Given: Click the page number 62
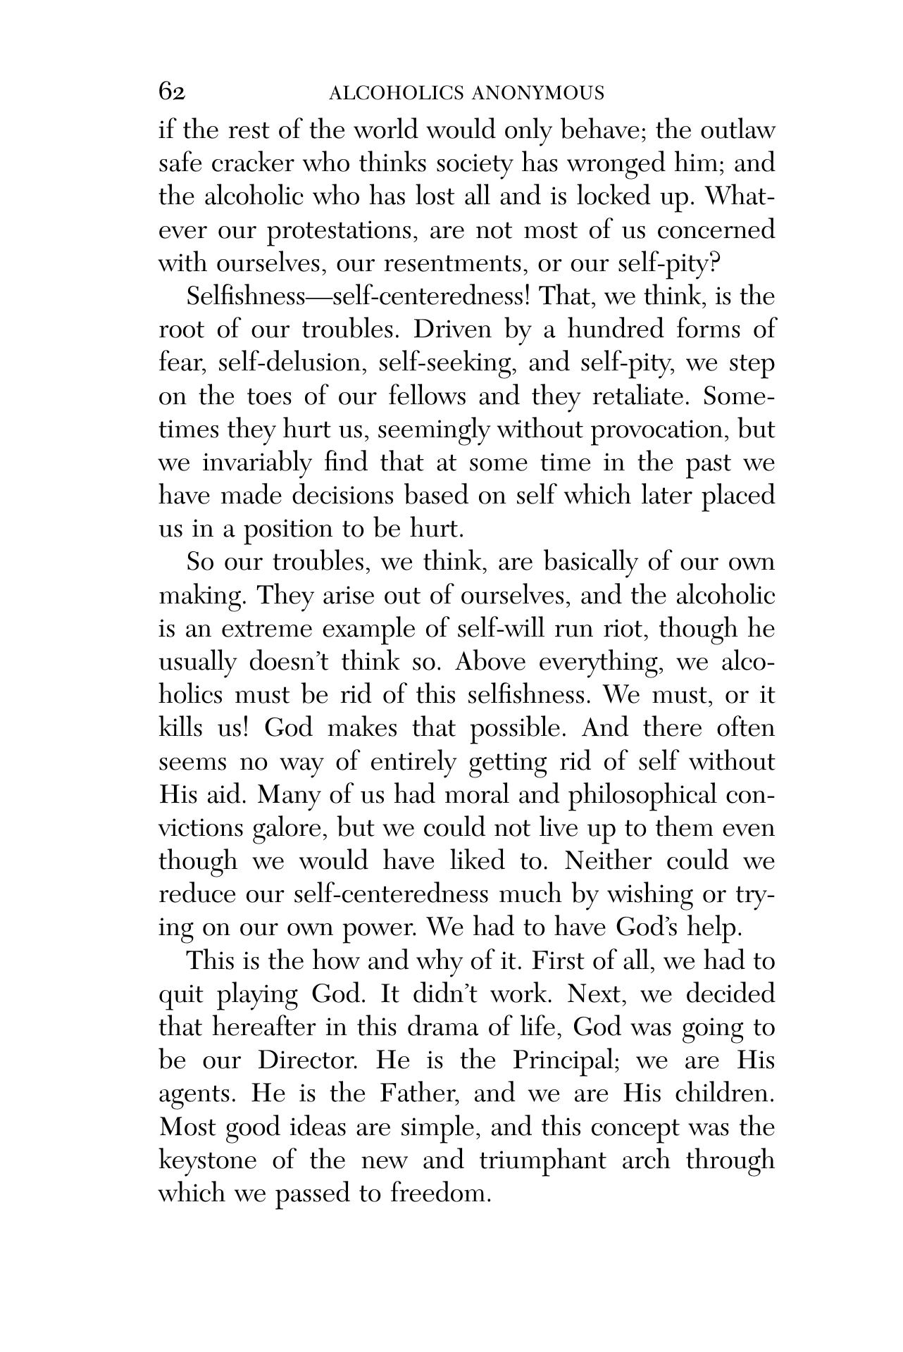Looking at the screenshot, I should (172, 92).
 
